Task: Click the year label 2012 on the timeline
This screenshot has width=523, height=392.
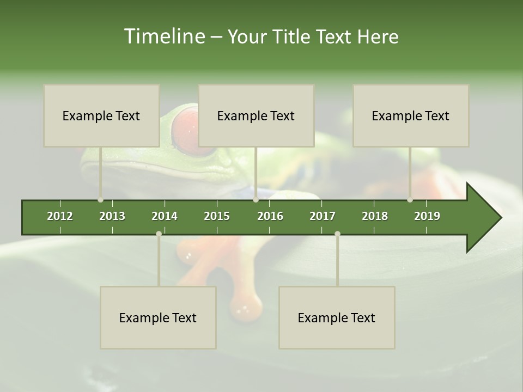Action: point(60,216)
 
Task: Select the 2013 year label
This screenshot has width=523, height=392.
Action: point(112,216)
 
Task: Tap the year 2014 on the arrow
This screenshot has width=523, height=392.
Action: point(165,216)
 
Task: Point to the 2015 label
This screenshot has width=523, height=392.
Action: point(217,216)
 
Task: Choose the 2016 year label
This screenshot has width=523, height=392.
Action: point(270,216)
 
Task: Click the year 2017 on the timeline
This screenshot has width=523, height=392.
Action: point(323,216)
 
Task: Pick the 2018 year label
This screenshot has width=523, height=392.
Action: point(375,216)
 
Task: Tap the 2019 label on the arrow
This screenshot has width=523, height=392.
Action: point(427,216)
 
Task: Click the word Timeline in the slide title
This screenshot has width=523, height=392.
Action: point(164,36)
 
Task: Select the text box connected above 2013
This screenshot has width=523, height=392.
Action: point(101,115)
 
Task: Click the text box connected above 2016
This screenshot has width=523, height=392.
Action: point(256,115)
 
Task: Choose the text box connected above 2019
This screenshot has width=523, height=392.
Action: point(411,115)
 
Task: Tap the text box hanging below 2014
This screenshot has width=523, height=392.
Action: point(158,317)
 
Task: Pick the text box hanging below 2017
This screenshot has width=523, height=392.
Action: point(337,317)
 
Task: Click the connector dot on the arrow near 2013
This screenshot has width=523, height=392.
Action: point(100,200)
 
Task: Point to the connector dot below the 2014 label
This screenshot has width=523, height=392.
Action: point(159,234)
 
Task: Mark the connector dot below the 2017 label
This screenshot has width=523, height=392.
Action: point(337,234)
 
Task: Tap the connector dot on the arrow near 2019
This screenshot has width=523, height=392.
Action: point(410,200)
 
